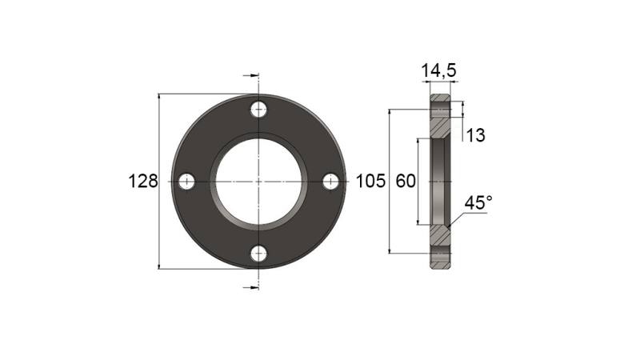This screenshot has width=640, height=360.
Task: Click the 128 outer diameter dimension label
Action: click(x=142, y=182)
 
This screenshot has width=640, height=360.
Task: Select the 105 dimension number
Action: click(x=370, y=182)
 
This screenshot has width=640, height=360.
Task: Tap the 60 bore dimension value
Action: click(x=406, y=182)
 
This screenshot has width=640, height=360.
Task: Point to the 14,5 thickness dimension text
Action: click(x=439, y=71)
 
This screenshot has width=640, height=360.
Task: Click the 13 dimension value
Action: click(x=475, y=136)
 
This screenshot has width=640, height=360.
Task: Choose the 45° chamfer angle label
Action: click(x=478, y=204)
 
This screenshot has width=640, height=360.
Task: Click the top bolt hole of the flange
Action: click(x=258, y=110)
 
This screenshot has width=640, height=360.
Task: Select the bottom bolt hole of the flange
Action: click(x=258, y=254)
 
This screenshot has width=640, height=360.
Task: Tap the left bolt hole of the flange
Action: click(x=186, y=182)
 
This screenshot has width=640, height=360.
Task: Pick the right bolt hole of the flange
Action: click(x=330, y=182)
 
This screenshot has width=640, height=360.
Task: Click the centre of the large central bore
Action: click(x=258, y=182)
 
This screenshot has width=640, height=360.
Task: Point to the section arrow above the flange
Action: click(x=251, y=77)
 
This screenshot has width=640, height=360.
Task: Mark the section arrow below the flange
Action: click(x=251, y=286)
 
